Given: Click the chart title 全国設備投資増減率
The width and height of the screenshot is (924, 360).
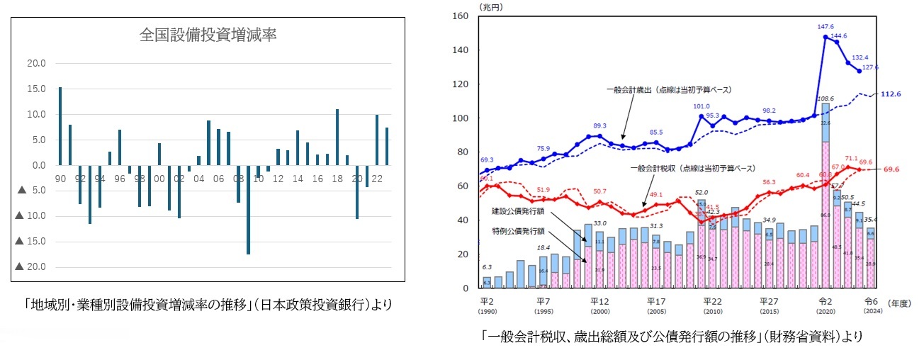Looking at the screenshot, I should click(x=207, y=35).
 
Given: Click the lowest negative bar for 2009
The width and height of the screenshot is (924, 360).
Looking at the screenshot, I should click(x=248, y=209).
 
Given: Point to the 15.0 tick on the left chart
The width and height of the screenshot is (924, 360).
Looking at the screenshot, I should click(x=36, y=89).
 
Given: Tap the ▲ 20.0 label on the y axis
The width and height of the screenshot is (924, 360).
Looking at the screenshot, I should click(x=30, y=267).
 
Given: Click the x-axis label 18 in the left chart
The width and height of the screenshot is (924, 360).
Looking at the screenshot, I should click(x=337, y=179).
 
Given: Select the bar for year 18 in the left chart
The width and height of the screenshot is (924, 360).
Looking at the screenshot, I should click(x=337, y=137).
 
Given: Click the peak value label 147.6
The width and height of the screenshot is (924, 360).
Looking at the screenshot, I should click(x=826, y=27).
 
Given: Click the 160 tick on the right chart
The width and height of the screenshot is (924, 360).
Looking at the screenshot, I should click(x=461, y=16).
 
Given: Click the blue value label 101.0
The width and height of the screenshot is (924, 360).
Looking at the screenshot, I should click(x=701, y=106).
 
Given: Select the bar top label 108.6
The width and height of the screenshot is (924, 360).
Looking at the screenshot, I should click(x=826, y=99).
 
